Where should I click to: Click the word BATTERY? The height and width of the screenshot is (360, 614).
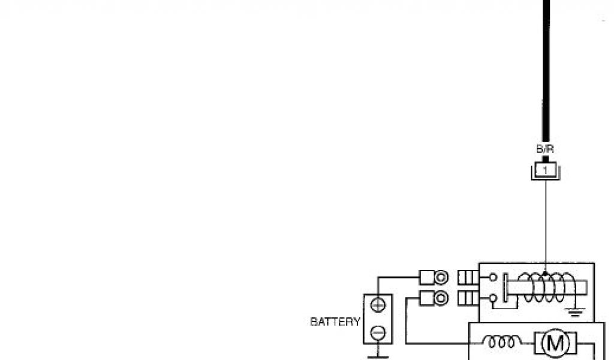point(335,322)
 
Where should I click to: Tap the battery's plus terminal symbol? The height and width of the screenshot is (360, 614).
point(378,305)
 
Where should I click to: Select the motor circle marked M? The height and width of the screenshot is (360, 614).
point(551,344)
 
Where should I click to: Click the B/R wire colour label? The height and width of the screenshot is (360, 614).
point(545,148)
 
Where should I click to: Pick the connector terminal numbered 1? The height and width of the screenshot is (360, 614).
point(545,170)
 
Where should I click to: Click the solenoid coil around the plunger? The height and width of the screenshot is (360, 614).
point(543,287)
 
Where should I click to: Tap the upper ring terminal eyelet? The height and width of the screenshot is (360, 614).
point(441,277)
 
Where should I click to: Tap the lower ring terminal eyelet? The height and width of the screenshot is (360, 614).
point(441,298)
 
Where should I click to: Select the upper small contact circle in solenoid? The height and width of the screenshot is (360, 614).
point(492,277)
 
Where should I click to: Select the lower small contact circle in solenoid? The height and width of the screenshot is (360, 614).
point(492,298)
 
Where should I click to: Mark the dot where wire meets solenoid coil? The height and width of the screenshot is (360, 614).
point(545,274)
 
